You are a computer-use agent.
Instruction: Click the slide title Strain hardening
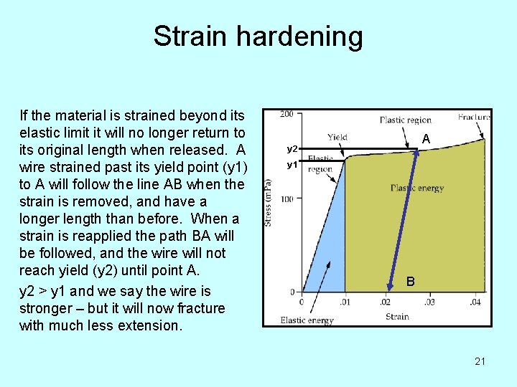(258, 37)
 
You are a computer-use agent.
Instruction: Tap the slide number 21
(480, 361)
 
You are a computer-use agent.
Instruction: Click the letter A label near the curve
(426, 139)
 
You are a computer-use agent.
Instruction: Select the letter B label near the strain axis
(410, 282)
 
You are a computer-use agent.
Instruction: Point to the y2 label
(292, 149)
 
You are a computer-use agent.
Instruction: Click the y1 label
(292, 165)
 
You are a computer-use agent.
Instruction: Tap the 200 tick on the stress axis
(287, 115)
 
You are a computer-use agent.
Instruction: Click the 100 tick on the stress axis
(287, 199)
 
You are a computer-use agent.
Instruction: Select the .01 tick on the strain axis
(345, 302)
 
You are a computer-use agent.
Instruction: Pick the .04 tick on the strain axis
(475, 302)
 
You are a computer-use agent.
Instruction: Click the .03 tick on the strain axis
(429, 302)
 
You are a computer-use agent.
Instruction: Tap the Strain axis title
(397, 316)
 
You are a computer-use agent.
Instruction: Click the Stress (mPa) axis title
(269, 203)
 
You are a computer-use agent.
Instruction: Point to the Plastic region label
(406, 120)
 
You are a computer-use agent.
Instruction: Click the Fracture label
(474, 116)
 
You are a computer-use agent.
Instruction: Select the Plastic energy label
(417, 188)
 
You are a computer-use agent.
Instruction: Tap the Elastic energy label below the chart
(306, 320)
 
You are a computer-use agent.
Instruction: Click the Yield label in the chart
(337, 136)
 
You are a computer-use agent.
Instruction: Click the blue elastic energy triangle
(327, 251)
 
